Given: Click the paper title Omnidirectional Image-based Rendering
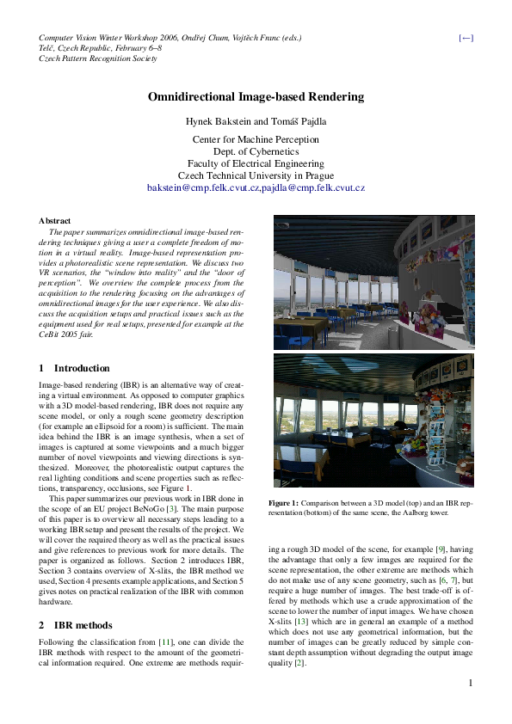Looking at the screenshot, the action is (x=256, y=98).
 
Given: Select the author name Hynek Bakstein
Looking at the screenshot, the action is (x=221, y=121).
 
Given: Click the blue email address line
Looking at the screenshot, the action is (x=256, y=187).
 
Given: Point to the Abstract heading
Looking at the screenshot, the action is (x=55, y=221).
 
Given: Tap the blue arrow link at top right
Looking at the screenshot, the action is (x=466, y=38).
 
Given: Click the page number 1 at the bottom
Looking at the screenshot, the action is (x=471, y=707).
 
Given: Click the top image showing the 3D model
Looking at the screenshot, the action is (x=373, y=281).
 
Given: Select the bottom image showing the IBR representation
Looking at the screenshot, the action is (x=373, y=421).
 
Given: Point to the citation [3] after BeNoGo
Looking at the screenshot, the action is (x=172, y=511).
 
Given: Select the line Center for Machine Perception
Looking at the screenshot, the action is (x=256, y=138).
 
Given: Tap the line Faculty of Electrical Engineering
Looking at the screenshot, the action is (x=256, y=163).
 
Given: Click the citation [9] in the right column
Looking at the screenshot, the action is (x=438, y=548).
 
